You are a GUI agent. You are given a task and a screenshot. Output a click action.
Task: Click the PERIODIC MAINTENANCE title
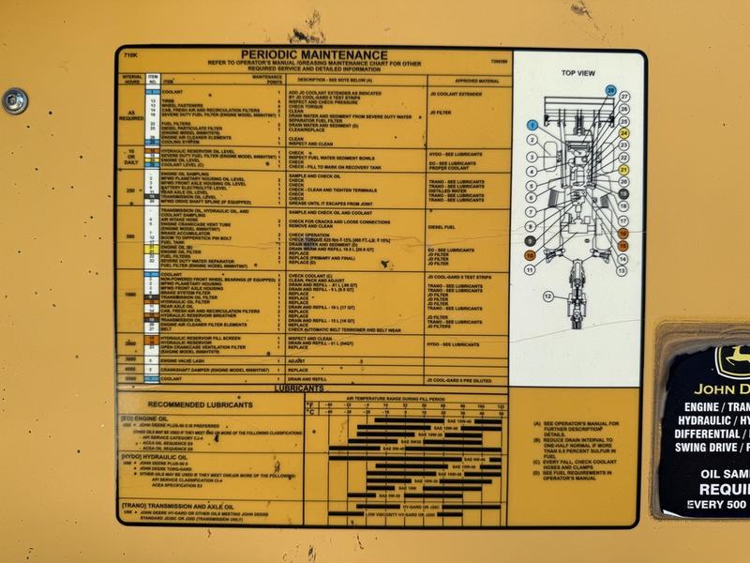[x=314, y=54]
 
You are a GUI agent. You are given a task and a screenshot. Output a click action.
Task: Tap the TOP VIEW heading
[x=578, y=72]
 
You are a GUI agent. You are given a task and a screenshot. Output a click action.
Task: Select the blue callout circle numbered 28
[x=611, y=90]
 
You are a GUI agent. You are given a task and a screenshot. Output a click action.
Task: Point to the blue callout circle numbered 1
[x=532, y=125]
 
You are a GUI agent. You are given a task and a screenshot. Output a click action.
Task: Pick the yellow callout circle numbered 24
[x=624, y=133]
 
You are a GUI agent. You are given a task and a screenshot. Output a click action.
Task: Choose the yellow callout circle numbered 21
[x=624, y=170]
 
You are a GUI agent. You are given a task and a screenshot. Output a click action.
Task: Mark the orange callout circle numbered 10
[x=530, y=254]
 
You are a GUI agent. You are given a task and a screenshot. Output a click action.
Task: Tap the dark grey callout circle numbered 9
[x=530, y=240]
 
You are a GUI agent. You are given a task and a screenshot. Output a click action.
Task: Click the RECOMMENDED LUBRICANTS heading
[x=201, y=404]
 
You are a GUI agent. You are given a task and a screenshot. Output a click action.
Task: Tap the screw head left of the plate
[x=15, y=98]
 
